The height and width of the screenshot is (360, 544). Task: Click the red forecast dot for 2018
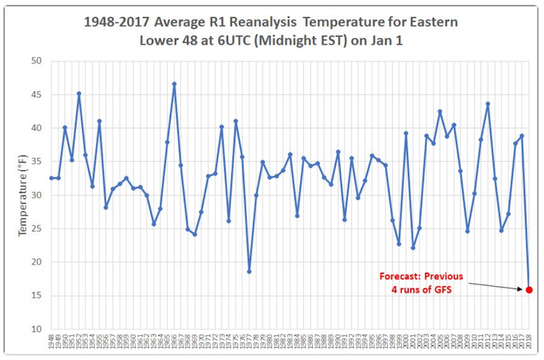click(x=529, y=290)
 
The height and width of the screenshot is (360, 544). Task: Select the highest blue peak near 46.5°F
click(x=174, y=84)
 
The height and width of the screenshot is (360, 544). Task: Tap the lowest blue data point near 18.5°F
click(x=249, y=271)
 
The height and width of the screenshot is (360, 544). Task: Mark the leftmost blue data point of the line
click(x=51, y=178)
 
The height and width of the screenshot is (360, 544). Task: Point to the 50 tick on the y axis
click(x=37, y=61)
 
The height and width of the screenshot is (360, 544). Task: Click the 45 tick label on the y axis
click(x=37, y=95)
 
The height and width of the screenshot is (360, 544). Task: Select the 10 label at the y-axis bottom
click(x=37, y=329)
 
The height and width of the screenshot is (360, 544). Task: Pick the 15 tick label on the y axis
click(x=37, y=295)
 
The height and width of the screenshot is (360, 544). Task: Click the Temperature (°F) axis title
click(x=16, y=194)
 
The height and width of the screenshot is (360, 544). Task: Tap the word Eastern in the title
click(x=438, y=22)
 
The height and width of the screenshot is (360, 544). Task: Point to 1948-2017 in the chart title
click(x=116, y=22)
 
